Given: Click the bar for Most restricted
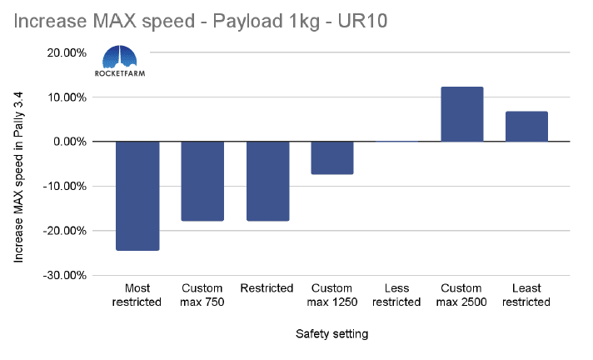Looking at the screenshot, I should [137, 196].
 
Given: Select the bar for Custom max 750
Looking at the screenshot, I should [202, 181].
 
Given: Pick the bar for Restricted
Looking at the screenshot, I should [267, 181].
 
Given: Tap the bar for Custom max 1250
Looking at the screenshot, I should [331, 157].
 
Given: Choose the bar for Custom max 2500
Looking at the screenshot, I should [461, 114].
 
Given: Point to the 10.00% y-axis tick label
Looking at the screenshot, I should [67, 97].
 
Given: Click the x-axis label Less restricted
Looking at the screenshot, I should [396, 295].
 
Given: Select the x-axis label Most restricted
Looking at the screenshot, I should [137, 295].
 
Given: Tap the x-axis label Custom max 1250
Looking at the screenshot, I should [331, 295].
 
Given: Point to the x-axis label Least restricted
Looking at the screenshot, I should [526, 295].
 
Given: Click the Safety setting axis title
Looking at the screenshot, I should [331, 334].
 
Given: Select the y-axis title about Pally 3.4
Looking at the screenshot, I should [19, 178].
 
